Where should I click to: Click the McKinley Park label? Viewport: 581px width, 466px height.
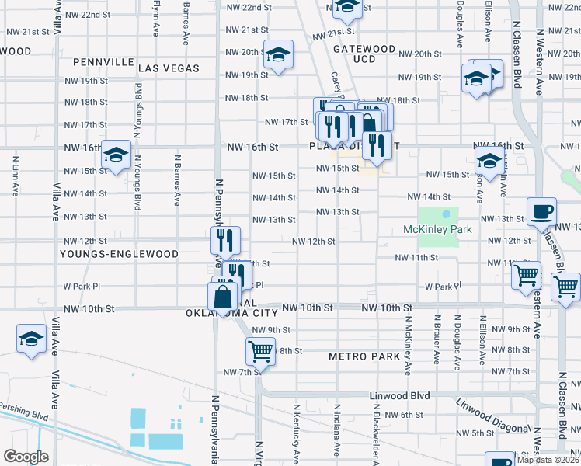(437, 230)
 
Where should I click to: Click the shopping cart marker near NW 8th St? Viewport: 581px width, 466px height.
(260, 351)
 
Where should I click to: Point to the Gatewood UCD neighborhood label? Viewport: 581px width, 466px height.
(364, 54)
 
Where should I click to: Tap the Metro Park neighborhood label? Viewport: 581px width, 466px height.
(364, 356)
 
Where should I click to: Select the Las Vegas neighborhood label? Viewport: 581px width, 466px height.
(169, 68)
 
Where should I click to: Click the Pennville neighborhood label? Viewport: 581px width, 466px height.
(99, 61)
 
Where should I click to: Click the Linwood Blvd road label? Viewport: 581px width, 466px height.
(399, 395)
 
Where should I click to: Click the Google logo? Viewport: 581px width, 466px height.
(25, 456)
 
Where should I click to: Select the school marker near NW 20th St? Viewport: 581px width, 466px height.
(278, 55)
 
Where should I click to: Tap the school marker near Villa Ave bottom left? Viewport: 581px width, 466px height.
(32, 339)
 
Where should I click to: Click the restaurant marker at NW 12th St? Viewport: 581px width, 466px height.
(222, 239)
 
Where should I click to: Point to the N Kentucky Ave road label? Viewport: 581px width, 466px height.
(297, 435)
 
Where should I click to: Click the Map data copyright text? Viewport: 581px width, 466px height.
(548, 460)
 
